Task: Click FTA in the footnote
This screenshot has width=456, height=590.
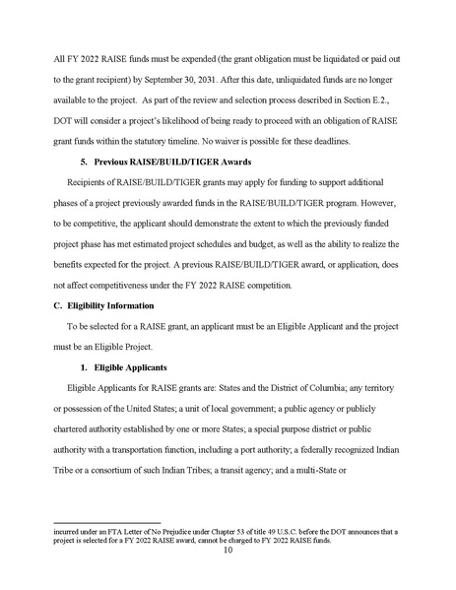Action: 107,532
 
